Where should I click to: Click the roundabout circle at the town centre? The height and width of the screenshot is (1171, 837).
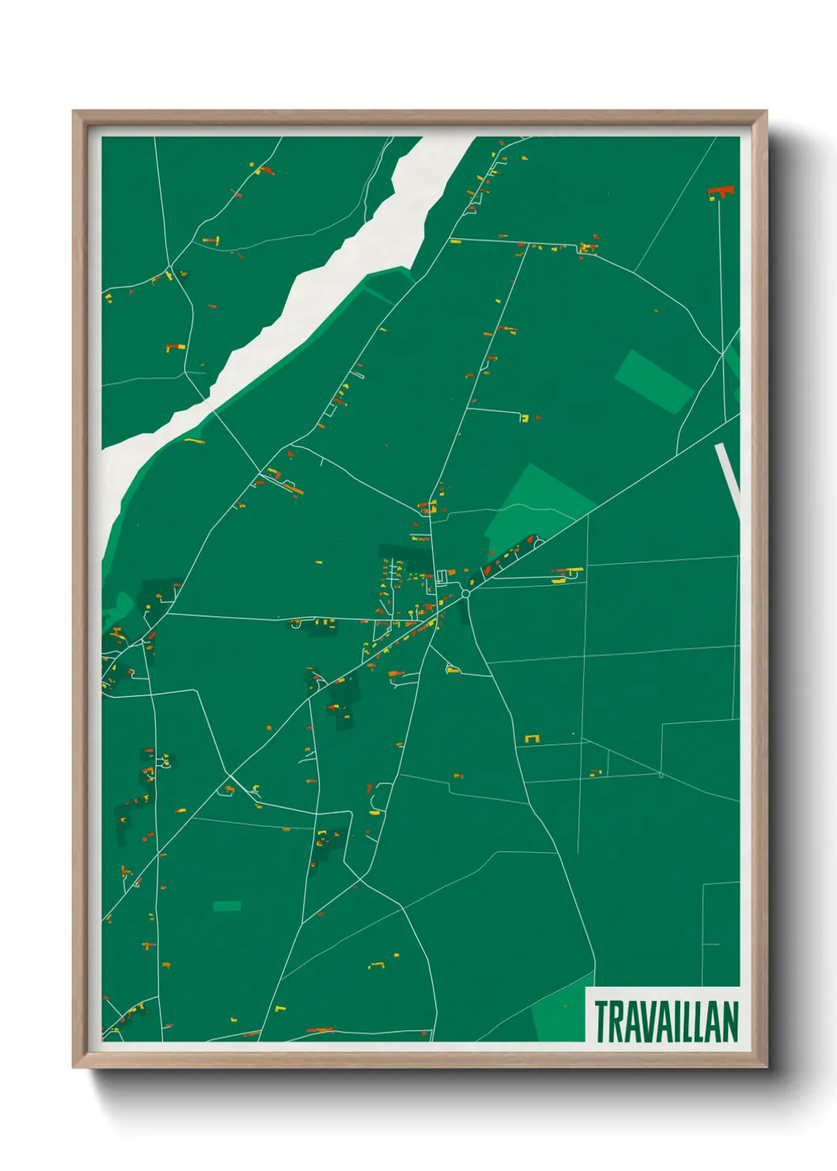click(x=466, y=593)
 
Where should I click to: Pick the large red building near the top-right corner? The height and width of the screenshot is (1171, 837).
click(x=721, y=191)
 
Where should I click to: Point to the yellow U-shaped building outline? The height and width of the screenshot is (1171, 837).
click(x=532, y=738)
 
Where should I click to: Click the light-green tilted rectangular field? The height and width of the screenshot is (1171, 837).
click(x=653, y=381)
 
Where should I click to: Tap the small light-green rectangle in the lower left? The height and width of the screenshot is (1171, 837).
click(x=227, y=905)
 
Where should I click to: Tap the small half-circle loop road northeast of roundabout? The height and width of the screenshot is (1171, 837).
click(x=540, y=543)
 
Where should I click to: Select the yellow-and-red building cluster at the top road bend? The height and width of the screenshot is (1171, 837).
click(x=587, y=248)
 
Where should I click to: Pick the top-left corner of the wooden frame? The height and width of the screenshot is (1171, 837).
click(x=74, y=112)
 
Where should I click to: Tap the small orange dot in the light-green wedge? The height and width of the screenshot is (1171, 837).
click(x=566, y=1006)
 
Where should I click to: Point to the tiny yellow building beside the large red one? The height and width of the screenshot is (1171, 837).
click(x=711, y=199)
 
